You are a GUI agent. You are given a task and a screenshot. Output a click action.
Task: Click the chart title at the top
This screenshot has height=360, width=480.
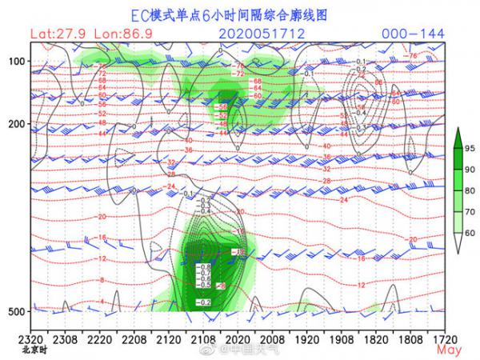pyautogui.click(x=239, y=14)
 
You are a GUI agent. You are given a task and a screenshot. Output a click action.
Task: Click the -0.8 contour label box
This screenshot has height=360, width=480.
pyautogui.click(x=205, y=266)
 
